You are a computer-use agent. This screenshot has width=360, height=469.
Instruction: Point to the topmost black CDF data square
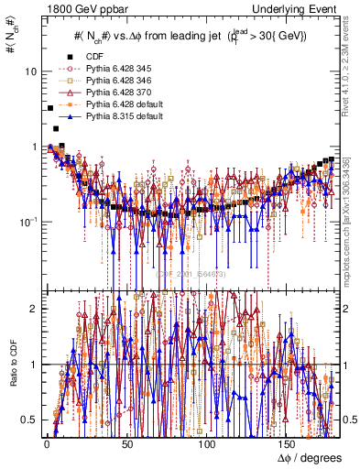pyautogui.click(x=49, y=108)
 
